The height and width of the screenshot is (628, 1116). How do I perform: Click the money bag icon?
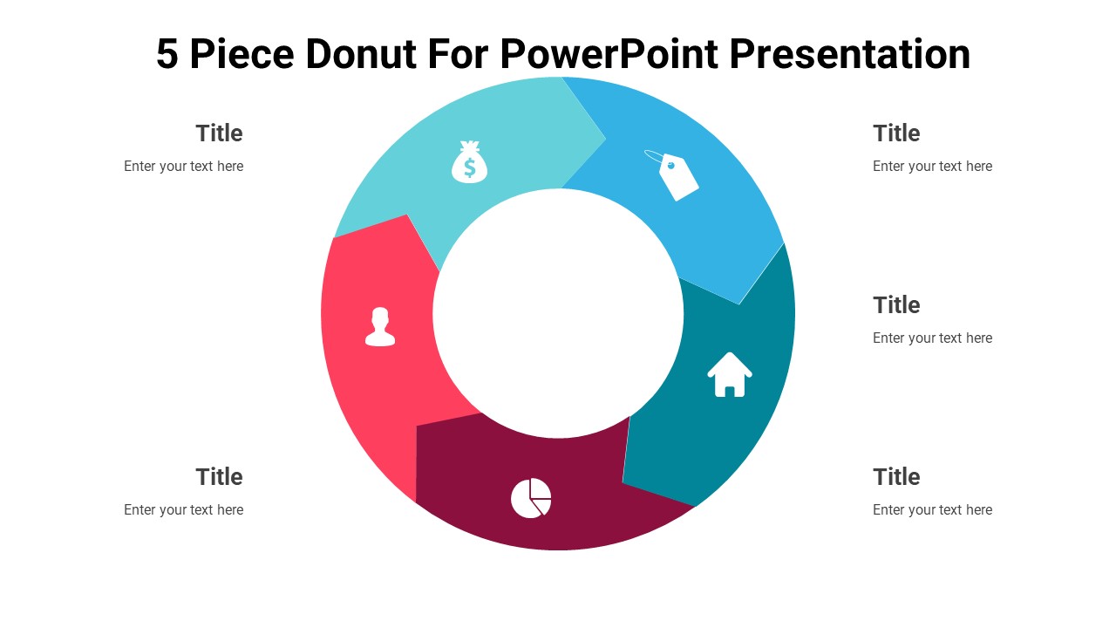469,162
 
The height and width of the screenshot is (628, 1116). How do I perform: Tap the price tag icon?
678,177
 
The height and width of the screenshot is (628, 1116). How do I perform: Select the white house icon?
730,374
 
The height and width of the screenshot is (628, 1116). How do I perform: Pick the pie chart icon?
530,498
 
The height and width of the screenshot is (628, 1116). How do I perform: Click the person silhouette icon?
380,327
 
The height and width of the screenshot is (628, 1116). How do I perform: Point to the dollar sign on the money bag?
469,166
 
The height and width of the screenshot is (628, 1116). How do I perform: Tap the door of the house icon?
730,388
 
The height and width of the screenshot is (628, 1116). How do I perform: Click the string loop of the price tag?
654,157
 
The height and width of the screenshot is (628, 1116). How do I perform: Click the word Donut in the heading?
356,54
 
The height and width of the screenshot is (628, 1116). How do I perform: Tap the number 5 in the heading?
167,54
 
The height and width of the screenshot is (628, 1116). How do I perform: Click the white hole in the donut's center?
558,314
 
